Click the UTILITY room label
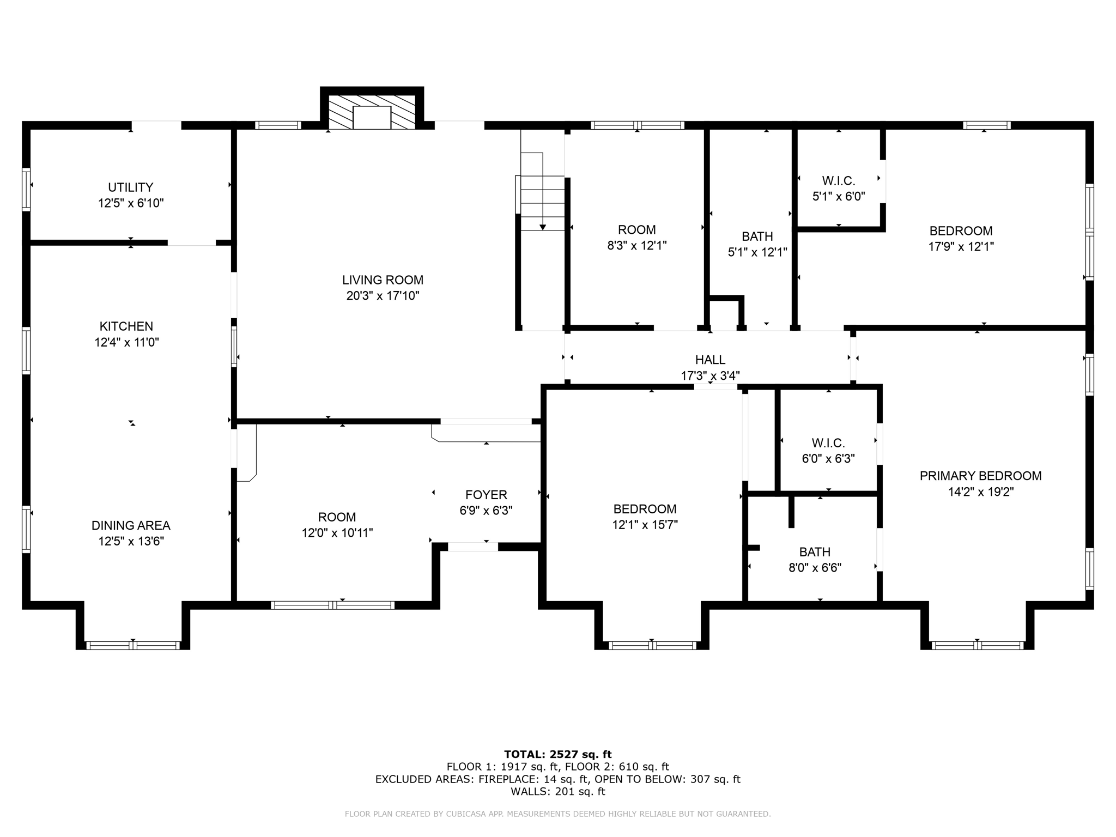click(x=130, y=187)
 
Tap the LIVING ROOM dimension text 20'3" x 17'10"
click(x=383, y=296)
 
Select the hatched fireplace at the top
click(x=372, y=112)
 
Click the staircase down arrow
click(x=542, y=226)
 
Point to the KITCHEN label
click(x=126, y=326)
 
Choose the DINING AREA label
click(x=131, y=525)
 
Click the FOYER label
click(x=486, y=495)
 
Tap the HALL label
click(x=710, y=360)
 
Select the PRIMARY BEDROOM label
click(x=980, y=476)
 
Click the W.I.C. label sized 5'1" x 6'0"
click(x=838, y=180)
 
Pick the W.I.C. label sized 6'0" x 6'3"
click(x=828, y=443)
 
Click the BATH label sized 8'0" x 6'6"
click(x=815, y=552)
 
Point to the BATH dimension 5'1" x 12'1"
click(x=757, y=252)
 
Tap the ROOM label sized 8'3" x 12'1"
click(x=636, y=230)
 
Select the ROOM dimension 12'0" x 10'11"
click(x=337, y=533)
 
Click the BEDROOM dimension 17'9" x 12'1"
click(x=961, y=246)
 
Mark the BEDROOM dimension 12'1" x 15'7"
click(x=645, y=525)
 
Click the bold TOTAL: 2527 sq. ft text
click(x=557, y=754)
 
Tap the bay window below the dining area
click(x=133, y=645)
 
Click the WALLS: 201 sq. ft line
click(x=557, y=791)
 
